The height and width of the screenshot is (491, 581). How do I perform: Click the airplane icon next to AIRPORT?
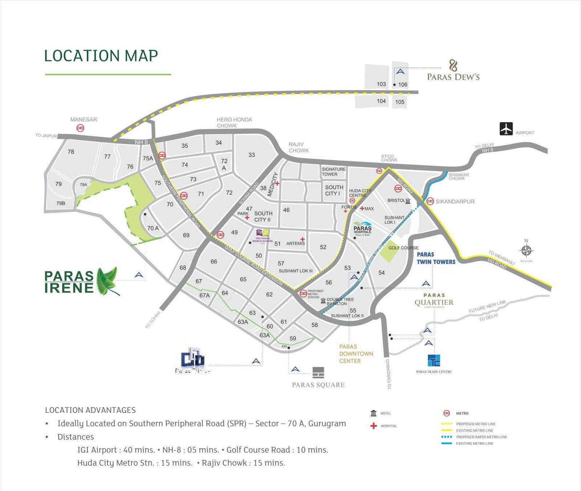[506, 129]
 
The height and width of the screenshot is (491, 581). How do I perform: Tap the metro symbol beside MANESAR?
[80, 128]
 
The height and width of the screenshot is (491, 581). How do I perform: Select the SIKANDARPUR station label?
[455, 201]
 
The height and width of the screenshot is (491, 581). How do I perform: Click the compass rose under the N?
[526, 250]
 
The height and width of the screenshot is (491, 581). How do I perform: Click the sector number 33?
[252, 155]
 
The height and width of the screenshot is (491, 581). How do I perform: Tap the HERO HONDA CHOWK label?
[234, 122]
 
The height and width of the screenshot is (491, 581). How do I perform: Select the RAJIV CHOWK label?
[298, 147]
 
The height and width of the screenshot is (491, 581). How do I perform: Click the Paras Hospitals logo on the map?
[362, 228]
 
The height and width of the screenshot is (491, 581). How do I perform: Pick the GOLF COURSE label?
[403, 248]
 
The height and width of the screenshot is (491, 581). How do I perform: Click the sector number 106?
[403, 85]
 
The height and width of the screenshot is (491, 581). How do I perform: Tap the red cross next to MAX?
[362, 208]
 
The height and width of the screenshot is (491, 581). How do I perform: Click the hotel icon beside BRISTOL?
[408, 201]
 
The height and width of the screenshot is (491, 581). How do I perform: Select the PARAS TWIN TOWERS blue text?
[435, 258]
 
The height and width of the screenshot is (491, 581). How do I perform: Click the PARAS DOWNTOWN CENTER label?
[356, 354]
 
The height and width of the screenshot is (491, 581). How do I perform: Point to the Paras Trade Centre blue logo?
[434, 361]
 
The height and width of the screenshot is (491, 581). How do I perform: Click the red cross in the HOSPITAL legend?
[374, 426]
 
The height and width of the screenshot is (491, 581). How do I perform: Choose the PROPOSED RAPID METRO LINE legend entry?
[481, 437]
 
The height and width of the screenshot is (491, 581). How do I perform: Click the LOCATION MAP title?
[101, 56]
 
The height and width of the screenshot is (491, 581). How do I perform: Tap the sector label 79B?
[61, 203]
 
